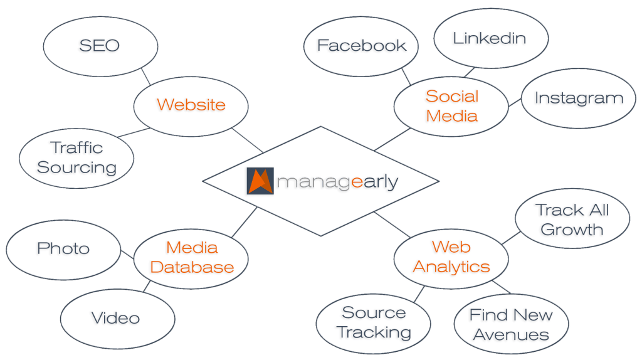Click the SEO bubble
coord(100,45)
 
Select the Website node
coord(191,104)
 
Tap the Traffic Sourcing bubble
coord(77,157)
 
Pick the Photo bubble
coord(63,248)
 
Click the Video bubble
coord(115,317)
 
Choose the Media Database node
coord(192,257)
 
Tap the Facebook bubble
coord(361,46)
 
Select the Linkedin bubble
coord(490,38)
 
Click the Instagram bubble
coord(578,98)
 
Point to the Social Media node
coord(451,105)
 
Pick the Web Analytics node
coord(451,257)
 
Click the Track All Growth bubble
coord(572,220)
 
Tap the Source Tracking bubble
coord(374,322)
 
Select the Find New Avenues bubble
coord(511,324)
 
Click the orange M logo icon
coord(260,181)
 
